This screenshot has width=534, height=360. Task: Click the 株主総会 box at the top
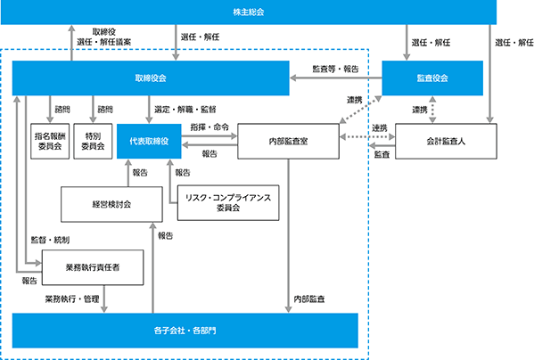click(249, 12)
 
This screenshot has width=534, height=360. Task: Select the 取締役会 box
click(151, 78)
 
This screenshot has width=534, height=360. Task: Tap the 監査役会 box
click(432, 78)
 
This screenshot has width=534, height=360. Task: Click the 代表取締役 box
click(149, 141)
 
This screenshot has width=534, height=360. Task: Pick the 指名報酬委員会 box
click(50, 141)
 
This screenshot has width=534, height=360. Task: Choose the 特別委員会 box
click(93, 141)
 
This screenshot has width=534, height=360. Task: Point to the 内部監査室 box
click(289, 141)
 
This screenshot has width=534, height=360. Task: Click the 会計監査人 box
click(446, 141)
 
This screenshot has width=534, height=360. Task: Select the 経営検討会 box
click(111, 204)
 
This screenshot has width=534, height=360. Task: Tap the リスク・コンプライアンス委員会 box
click(228, 203)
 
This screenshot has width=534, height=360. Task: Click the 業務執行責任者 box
click(93, 267)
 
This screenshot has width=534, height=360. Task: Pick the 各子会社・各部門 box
click(185, 331)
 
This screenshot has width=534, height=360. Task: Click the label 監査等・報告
click(335, 70)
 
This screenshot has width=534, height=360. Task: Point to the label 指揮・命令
click(209, 127)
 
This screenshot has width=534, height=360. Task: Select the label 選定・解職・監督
click(185, 110)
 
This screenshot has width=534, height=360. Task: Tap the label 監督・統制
click(50, 240)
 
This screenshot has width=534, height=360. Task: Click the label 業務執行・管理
click(72, 299)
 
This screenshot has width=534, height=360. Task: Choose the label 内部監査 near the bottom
click(309, 299)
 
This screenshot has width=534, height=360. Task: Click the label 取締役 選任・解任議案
click(104, 37)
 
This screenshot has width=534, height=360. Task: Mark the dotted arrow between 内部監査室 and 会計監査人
click(367, 137)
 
